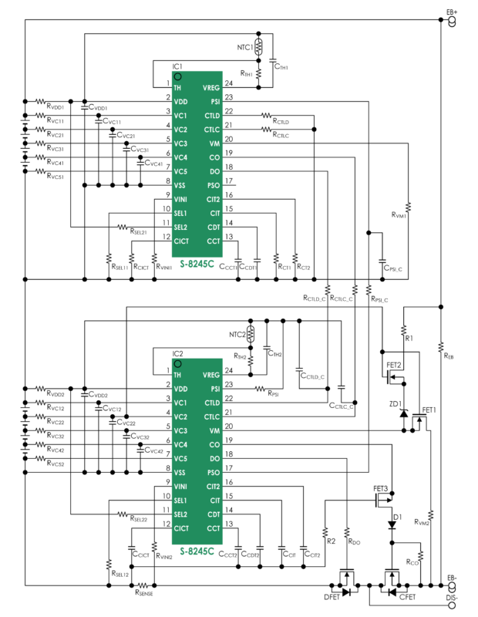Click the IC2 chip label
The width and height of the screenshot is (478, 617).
tap(178, 354)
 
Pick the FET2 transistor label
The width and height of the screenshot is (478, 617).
tap(394, 365)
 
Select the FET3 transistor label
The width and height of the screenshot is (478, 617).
tap(381, 489)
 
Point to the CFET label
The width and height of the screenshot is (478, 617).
tap(407, 596)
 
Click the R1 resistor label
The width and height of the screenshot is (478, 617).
tap(409, 338)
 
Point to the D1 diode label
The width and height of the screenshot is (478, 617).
tap(396, 516)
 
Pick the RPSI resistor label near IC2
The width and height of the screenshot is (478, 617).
tap(273, 395)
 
